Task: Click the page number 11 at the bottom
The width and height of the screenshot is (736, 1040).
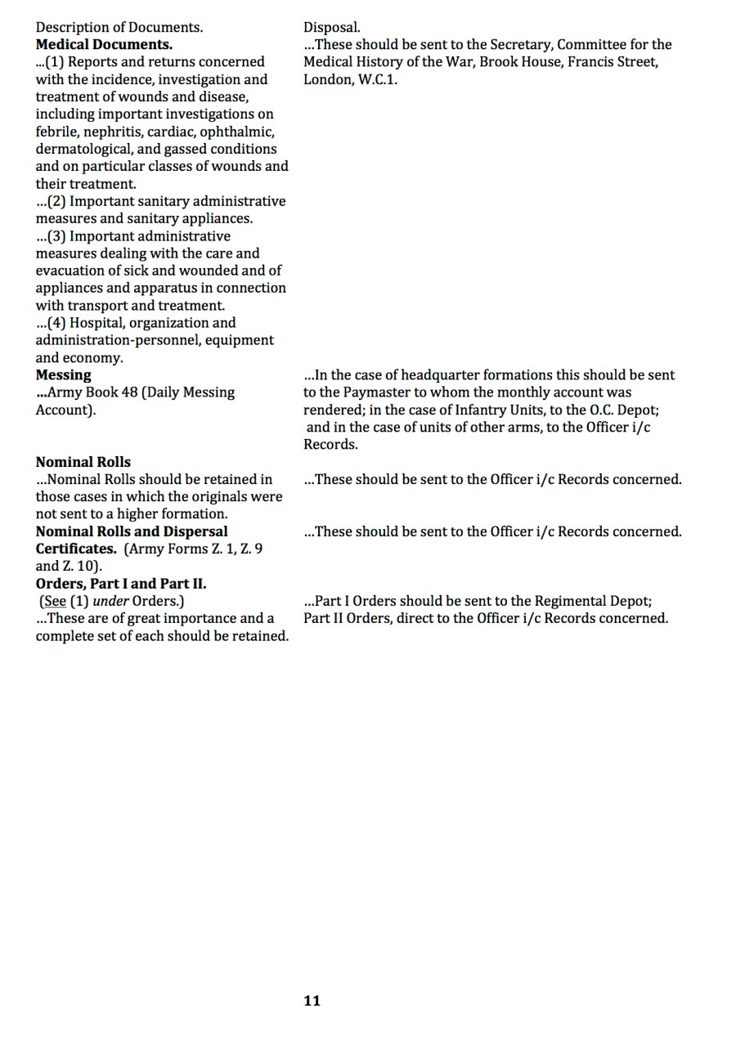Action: [312, 1001]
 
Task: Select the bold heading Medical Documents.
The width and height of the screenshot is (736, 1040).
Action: [104, 44]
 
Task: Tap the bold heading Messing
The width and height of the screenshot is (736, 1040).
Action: [63, 374]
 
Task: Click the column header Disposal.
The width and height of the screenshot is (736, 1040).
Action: [331, 27]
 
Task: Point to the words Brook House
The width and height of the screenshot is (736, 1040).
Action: [519, 61]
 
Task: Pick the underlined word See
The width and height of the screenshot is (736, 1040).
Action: [54, 601]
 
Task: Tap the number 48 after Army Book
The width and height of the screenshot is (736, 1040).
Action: [129, 392]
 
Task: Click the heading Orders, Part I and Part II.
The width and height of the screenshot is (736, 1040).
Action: [120, 584]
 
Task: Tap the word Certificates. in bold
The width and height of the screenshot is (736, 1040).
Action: [75, 549]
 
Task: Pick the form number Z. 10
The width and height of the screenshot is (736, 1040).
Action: [81, 566]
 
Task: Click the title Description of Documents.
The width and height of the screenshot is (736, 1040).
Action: [119, 27]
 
